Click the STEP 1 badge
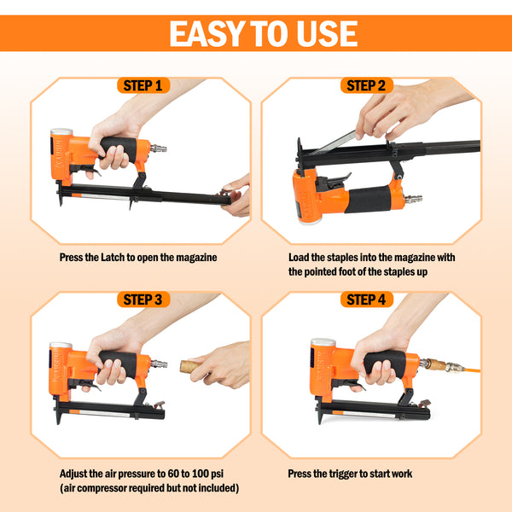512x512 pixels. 143,85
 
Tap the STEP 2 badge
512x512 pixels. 366,85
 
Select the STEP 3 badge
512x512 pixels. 143,300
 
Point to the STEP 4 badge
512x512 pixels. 366,300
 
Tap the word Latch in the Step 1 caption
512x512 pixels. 113,258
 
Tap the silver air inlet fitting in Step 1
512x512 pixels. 159,148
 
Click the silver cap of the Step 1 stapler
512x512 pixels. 61,131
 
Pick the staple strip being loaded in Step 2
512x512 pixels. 333,143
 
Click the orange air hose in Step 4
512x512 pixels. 472,370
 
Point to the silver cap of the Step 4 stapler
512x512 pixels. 323,342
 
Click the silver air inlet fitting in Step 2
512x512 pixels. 413,199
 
